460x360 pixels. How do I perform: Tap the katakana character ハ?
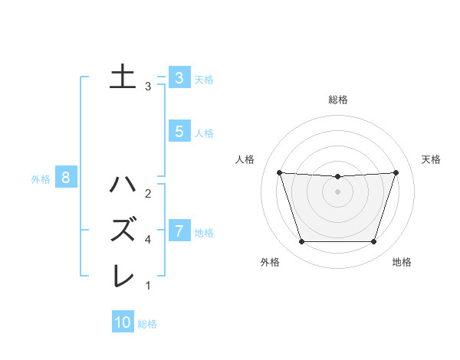coord(123,185)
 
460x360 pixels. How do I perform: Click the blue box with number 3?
coord(179,78)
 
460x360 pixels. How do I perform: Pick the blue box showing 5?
coord(179,132)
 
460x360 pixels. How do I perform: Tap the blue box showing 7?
coord(179,231)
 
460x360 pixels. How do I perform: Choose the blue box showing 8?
coord(66,178)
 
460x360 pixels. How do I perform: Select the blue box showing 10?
coord(123,322)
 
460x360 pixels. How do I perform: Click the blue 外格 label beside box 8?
coord(41,179)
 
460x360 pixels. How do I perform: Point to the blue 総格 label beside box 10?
coord(147,324)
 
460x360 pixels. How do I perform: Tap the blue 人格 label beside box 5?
coord(204,133)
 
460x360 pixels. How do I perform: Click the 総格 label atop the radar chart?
coord(338,100)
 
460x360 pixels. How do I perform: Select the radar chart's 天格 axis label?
coord(431,159)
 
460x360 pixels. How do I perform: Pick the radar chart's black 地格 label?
coord(402,262)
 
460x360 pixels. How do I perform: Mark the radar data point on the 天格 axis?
coord(396,172)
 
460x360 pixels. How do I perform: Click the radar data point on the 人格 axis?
coord(279,172)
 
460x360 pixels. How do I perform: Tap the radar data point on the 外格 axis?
coord(301,242)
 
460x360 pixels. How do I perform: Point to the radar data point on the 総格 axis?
coord(337,177)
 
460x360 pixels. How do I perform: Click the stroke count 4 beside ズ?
coord(147,239)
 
